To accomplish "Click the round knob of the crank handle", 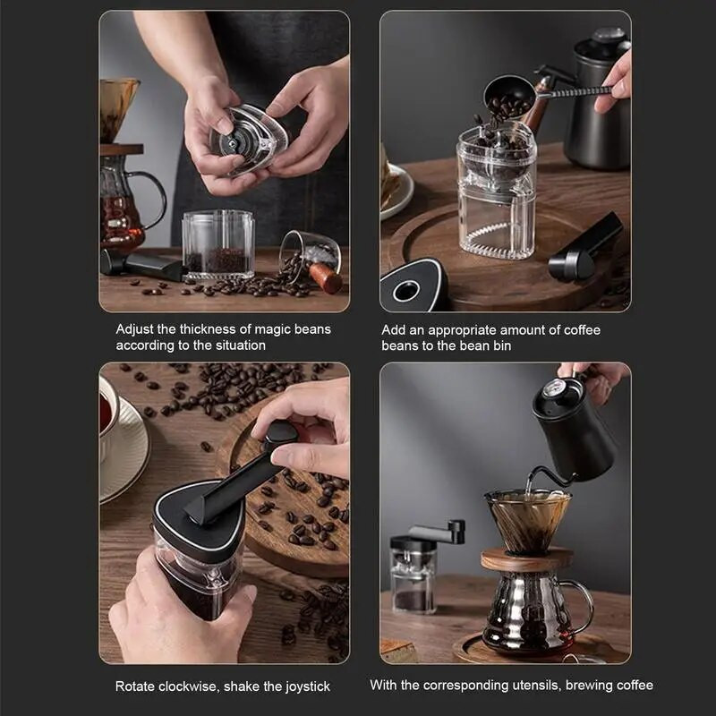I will point(280,432).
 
